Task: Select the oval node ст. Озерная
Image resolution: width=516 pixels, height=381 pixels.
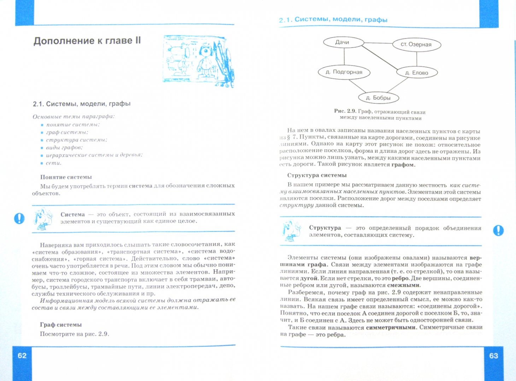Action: coord(416,44)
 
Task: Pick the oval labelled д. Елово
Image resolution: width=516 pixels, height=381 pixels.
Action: coord(417,73)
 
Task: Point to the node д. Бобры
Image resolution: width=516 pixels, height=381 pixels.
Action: coord(378,98)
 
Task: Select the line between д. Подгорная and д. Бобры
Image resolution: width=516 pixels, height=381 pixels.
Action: coord(357,86)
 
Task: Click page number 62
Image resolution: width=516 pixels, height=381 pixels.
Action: coord(22,355)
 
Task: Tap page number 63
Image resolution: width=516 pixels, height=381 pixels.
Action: coord(493,356)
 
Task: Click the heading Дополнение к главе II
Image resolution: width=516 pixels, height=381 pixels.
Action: coord(87,41)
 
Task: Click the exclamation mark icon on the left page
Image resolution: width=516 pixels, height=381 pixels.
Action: coord(19,218)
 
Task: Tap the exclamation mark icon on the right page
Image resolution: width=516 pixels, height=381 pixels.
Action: coord(498,230)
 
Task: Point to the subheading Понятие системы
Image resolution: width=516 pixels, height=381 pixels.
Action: coord(66,177)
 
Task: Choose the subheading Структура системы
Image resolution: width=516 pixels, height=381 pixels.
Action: coord(317,175)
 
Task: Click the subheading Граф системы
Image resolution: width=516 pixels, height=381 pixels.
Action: coord(61,325)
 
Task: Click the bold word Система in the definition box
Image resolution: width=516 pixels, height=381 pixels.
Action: coord(72,214)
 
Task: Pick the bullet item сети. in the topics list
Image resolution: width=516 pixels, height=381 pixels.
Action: coord(54,163)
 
